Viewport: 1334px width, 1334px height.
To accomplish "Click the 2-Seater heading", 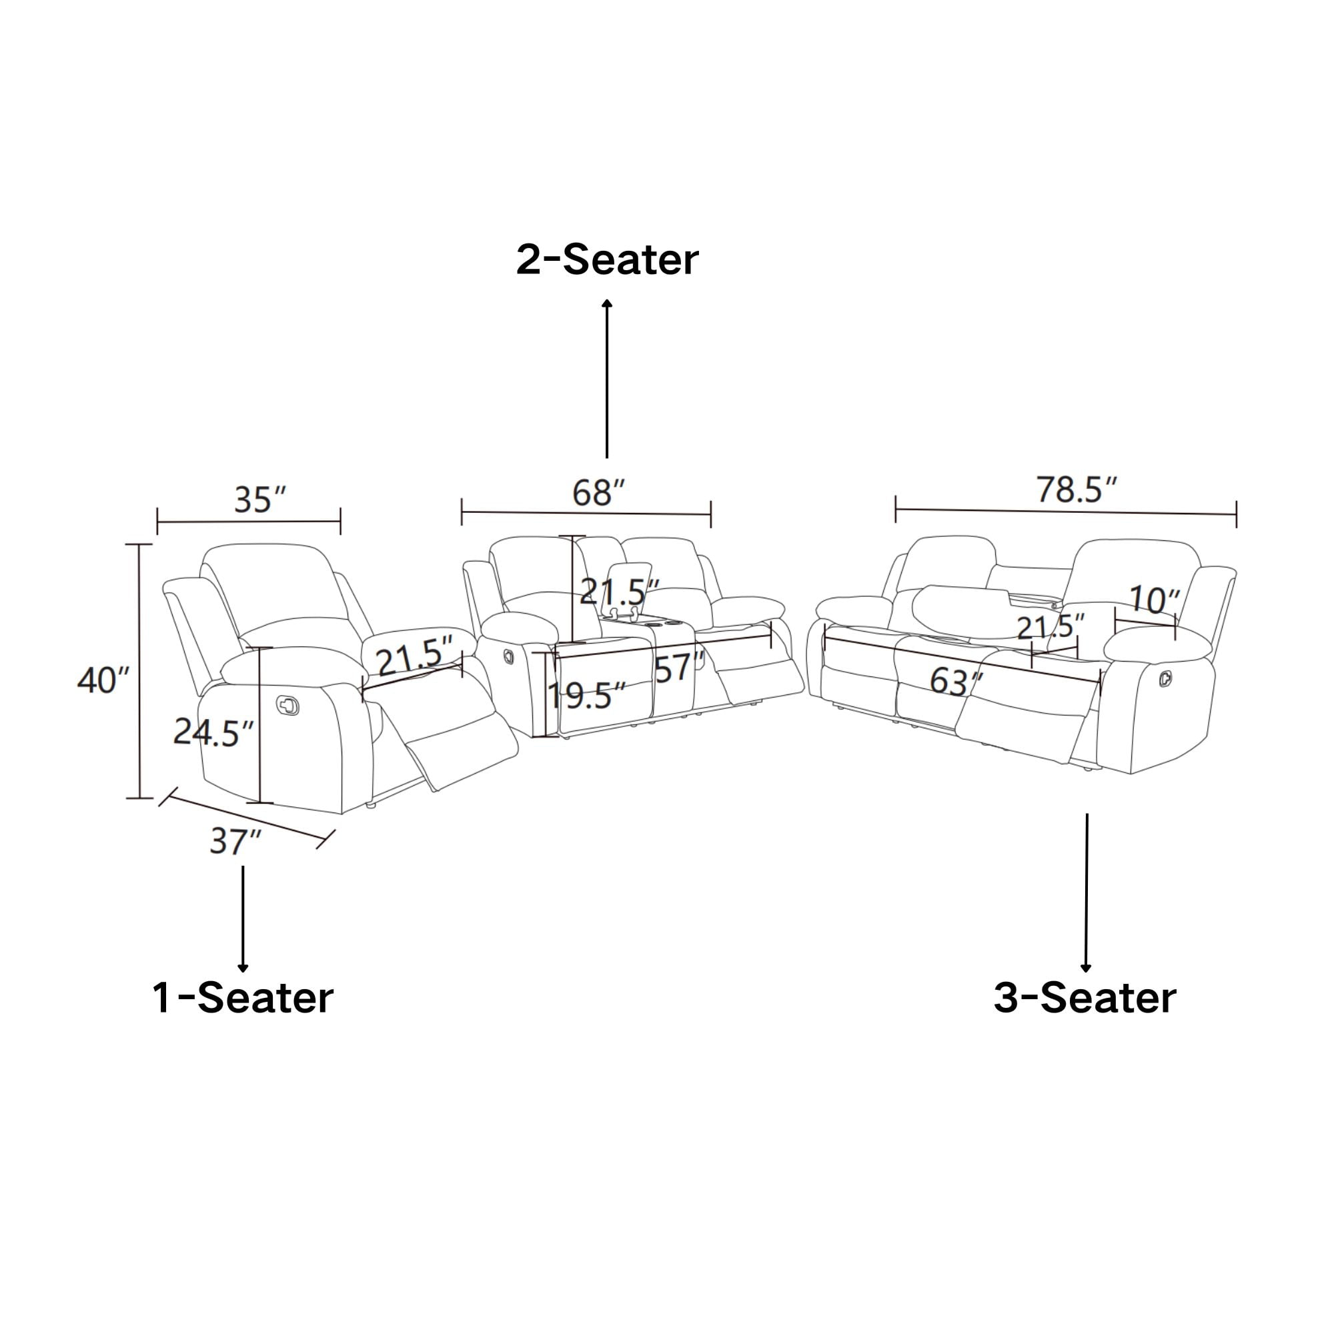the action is pyautogui.click(x=607, y=260).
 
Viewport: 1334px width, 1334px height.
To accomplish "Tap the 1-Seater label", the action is pyautogui.click(x=243, y=998).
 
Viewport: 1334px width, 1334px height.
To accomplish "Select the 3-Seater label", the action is pyautogui.click(x=1085, y=998).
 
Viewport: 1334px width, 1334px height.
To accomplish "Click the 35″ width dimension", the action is pyautogui.click(x=259, y=500).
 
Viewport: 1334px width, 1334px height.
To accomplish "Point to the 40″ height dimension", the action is pyautogui.click(x=103, y=681).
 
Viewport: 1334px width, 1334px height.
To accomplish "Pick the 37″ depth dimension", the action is pyautogui.click(x=235, y=842).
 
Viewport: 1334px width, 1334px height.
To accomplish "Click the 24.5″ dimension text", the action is pyautogui.click(x=213, y=732).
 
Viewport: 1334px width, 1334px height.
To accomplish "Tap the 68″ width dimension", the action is pyautogui.click(x=598, y=493).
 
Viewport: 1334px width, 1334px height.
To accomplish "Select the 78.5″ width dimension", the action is pyautogui.click(x=1076, y=490).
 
